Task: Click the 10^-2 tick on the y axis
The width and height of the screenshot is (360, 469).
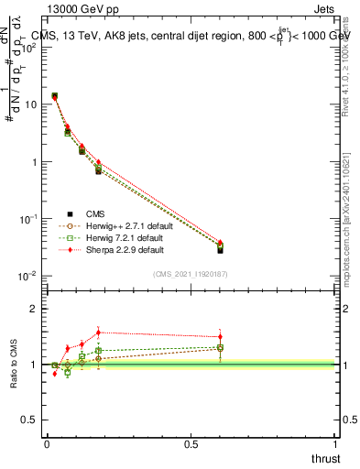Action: [28, 276]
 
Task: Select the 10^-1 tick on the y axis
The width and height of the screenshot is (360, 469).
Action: [28, 219]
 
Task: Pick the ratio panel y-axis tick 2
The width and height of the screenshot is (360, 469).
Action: [35, 309]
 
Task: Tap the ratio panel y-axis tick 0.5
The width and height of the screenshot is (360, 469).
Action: [31, 420]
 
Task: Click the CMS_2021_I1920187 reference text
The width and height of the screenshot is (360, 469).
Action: [191, 274]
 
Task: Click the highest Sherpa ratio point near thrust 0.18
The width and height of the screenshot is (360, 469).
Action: [99, 333]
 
